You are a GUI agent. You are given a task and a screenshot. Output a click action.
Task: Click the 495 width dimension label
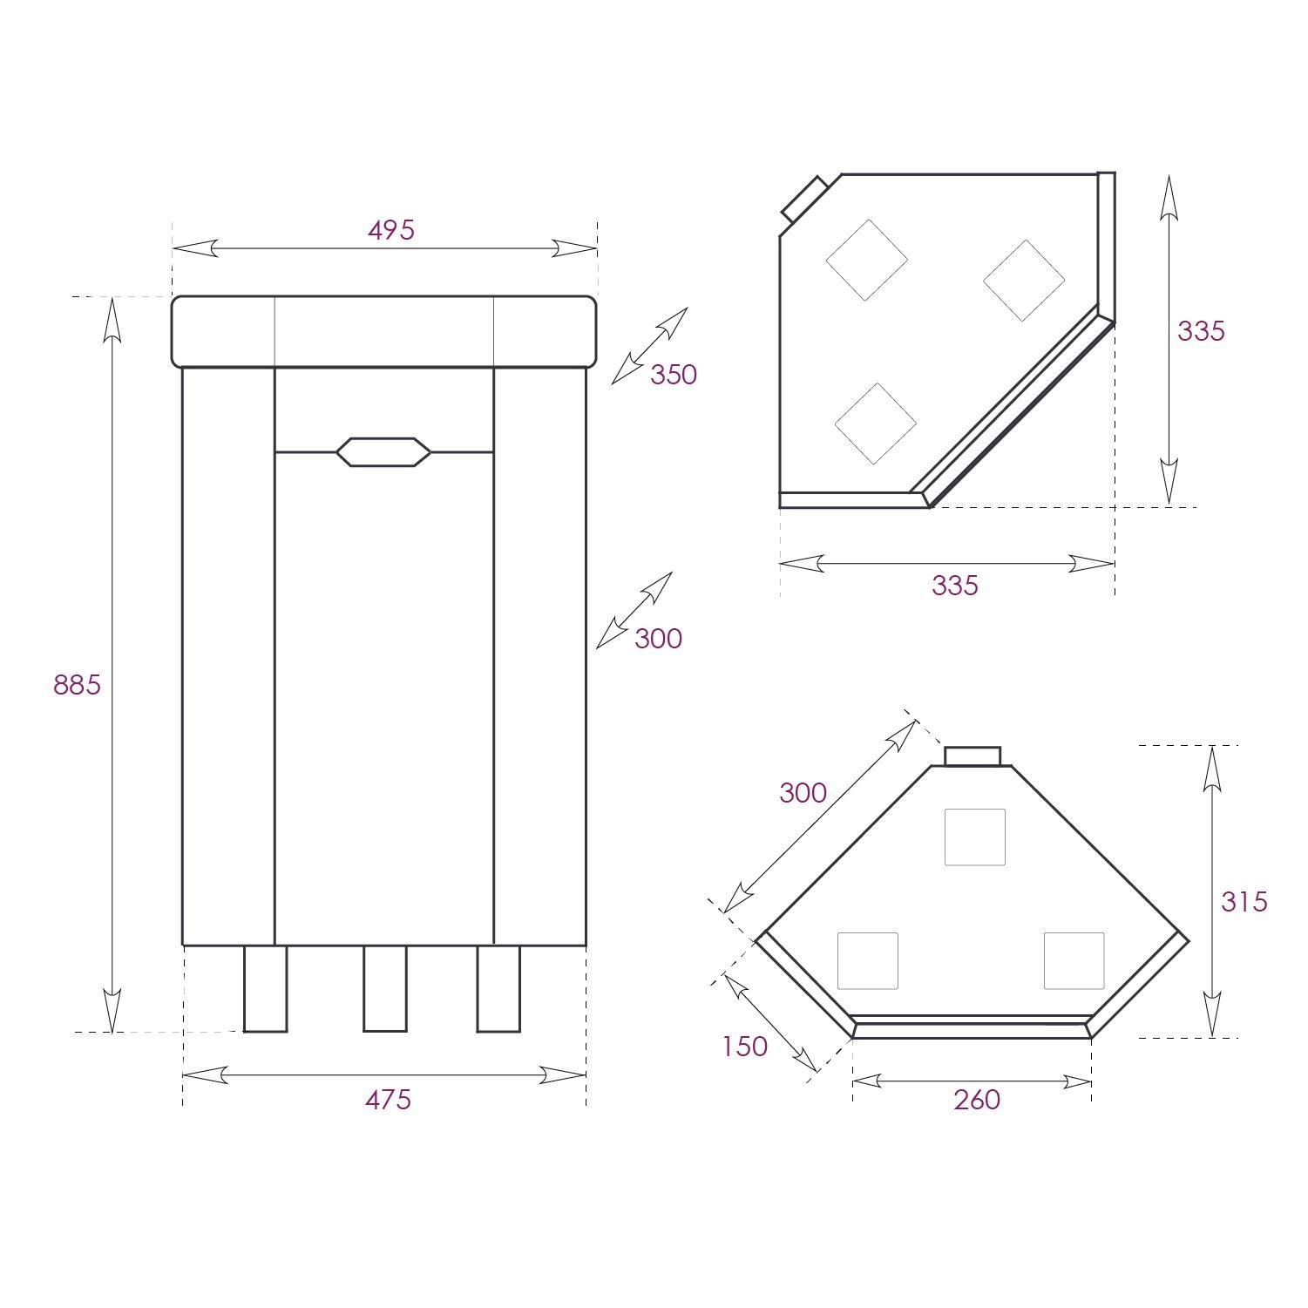point(391,230)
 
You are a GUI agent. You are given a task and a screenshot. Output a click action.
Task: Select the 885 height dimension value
point(77,685)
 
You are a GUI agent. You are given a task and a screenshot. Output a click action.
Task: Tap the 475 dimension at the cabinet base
point(388,1100)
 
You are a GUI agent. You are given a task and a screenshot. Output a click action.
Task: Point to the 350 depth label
point(674,375)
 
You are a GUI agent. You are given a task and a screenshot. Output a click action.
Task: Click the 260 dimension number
point(977,1100)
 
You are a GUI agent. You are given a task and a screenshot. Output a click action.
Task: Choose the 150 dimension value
point(744,1046)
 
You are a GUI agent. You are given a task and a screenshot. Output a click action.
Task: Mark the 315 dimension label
point(1244,901)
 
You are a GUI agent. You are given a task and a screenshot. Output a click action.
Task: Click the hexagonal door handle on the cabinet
point(383,452)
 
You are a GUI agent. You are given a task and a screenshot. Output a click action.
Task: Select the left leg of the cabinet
point(265,988)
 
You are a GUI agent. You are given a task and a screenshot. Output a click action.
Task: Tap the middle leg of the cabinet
point(384,988)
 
